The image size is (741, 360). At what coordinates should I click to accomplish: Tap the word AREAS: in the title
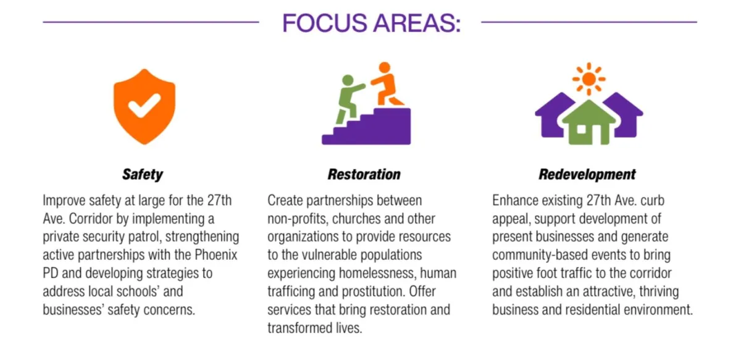[417, 23]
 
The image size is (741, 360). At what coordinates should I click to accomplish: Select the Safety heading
[143, 174]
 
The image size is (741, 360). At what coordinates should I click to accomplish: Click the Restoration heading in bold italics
[364, 174]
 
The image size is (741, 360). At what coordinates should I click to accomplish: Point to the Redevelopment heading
[587, 174]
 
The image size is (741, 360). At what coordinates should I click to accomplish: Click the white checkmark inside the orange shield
[144, 105]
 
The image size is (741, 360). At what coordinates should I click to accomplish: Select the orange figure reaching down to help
[387, 84]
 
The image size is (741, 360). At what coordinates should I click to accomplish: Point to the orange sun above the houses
[589, 79]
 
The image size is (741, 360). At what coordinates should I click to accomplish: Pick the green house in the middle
[589, 122]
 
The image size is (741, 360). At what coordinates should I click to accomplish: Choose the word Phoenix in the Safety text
[216, 255]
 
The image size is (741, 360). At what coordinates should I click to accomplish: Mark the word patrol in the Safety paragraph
[144, 237]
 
